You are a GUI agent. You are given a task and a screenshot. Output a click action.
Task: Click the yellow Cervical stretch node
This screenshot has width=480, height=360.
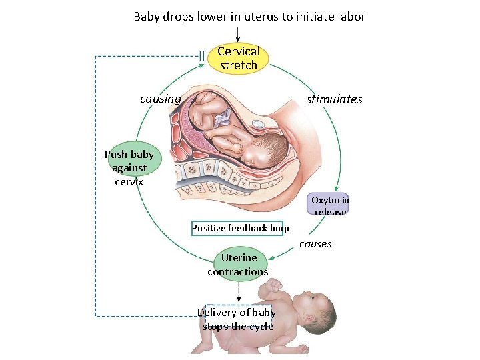point(238,58)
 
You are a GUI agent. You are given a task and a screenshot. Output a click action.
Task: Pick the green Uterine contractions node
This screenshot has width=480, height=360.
point(238,265)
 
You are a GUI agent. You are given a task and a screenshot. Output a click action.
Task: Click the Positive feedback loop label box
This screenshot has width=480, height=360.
point(240,228)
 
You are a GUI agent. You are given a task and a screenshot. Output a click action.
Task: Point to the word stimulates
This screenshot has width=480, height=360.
point(334,99)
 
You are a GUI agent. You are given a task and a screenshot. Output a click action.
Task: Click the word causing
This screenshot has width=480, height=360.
point(160,99)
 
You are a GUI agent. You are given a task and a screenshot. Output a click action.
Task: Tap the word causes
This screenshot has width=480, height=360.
point(315,244)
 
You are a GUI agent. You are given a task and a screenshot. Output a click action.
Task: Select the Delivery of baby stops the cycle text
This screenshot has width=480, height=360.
point(238,319)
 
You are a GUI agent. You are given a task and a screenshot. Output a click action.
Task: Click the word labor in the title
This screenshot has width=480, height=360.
point(351,17)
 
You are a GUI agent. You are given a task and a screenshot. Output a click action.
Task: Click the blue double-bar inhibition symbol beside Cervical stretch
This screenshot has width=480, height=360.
point(201,56)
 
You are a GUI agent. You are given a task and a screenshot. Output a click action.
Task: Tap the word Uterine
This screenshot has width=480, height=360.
point(239,258)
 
